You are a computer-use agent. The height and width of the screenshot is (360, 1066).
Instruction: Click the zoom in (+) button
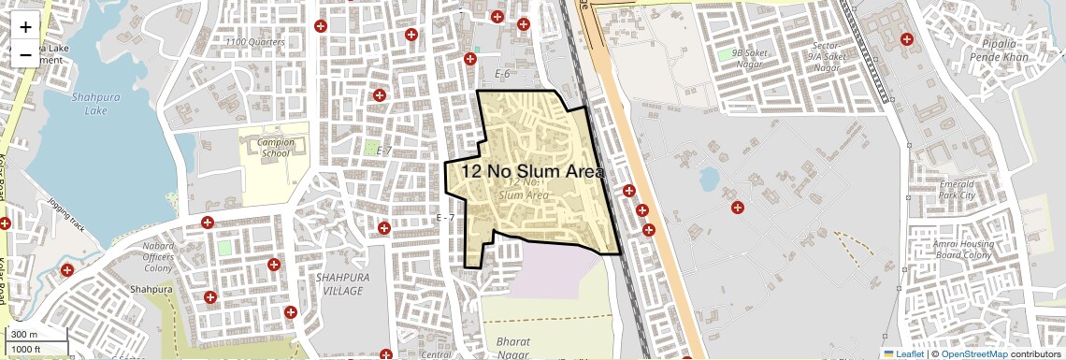tap(25, 27)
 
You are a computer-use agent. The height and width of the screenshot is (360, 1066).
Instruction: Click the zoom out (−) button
tap(25, 55)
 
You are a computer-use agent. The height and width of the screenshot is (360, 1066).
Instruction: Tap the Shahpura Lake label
tap(89, 103)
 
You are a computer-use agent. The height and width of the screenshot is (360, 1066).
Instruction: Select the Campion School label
tap(276, 148)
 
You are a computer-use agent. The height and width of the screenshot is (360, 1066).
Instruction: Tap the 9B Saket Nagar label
tap(750, 59)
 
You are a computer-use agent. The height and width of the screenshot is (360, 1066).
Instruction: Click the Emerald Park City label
tap(957, 191)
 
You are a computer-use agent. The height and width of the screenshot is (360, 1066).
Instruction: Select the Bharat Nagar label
tap(514, 349)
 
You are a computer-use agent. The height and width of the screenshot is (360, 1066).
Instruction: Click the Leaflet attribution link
tap(903, 354)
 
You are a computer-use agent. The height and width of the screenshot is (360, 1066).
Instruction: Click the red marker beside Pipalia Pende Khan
tap(905, 39)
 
